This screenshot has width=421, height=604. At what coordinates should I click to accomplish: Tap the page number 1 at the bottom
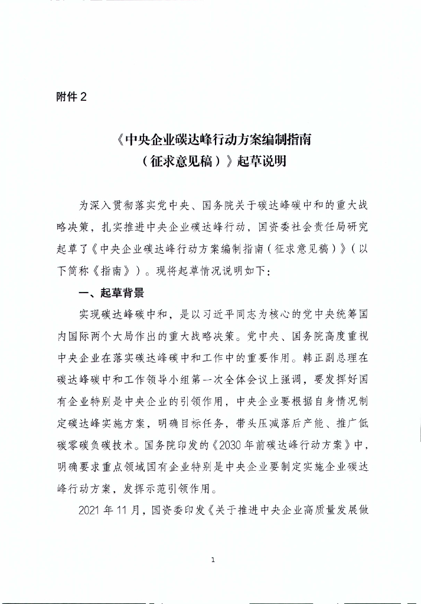click(212, 560)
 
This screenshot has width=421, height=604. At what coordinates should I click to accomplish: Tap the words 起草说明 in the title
click(262, 160)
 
